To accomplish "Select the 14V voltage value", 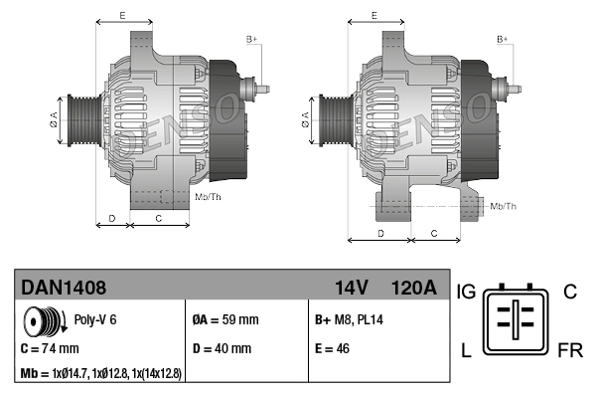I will coord(351,288).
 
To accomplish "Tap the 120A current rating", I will coord(413,288).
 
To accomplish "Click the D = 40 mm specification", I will coord(222,349).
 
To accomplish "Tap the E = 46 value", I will coord(334,349).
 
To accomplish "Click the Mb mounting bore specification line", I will coord(100,373).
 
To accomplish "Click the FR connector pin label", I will coord(570,351).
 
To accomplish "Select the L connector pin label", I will coord(465,351).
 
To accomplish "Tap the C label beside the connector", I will coord(570,292).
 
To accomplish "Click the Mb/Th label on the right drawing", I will coord(503,206).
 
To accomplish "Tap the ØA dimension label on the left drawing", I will coord(54,120).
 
